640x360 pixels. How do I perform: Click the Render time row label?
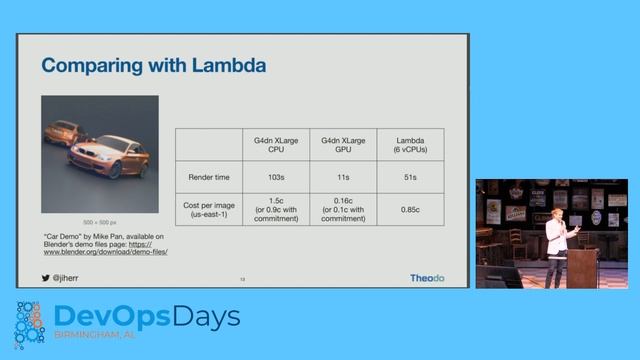(209, 176)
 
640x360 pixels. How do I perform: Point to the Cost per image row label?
(209, 211)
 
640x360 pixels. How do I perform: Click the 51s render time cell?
(411, 176)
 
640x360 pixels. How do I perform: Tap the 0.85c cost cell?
(411, 211)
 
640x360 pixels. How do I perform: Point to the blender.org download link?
(105, 247)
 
